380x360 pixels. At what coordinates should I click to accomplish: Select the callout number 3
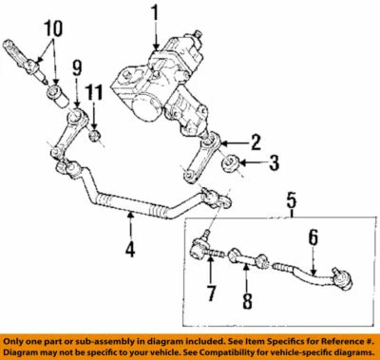click(x=275, y=162)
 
